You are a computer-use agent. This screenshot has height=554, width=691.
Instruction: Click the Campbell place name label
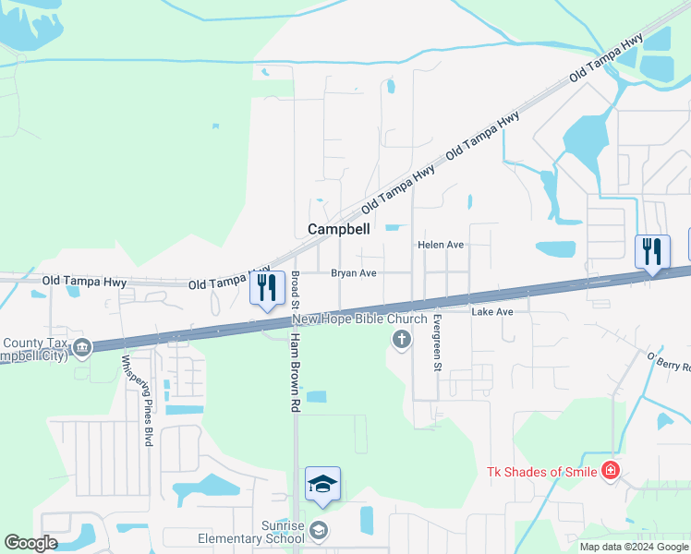click(338, 229)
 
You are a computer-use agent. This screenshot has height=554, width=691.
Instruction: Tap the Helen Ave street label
click(440, 245)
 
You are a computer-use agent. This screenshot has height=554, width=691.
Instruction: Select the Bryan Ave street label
click(354, 273)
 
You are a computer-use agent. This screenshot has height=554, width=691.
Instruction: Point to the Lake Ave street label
click(491, 312)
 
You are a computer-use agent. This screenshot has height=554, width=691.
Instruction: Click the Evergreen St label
click(437, 342)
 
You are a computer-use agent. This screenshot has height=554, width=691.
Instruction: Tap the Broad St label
click(294, 290)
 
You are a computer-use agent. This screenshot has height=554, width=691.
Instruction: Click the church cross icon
click(401, 341)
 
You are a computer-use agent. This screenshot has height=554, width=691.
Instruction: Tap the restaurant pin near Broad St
click(266, 288)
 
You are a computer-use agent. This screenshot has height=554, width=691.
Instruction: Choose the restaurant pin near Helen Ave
click(651, 251)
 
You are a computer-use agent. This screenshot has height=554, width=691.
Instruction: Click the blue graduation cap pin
click(322, 484)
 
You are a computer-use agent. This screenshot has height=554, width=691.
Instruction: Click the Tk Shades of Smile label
click(541, 472)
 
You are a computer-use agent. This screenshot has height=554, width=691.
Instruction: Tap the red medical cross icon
click(609, 472)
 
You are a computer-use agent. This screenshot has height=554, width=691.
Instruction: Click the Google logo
click(30, 543)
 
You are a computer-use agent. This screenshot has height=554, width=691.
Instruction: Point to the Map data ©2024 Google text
click(634, 547)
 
